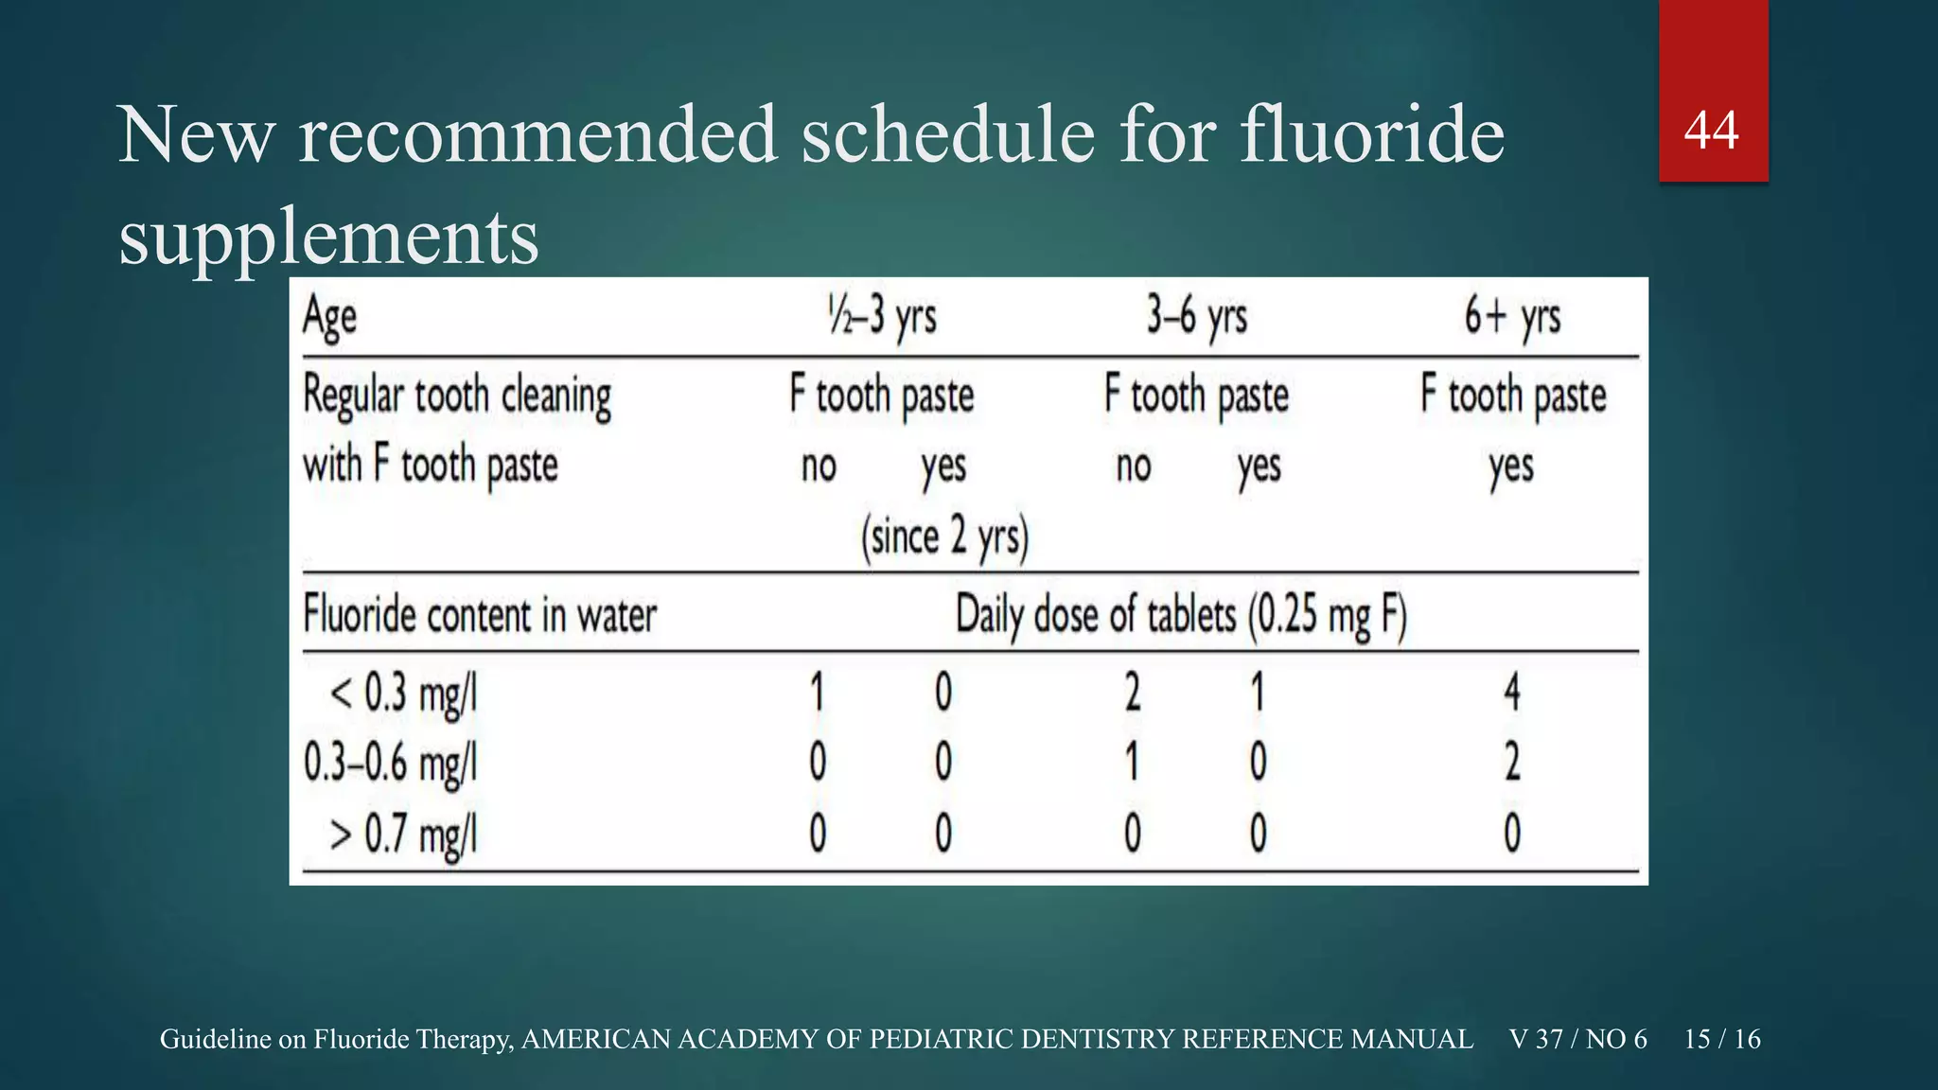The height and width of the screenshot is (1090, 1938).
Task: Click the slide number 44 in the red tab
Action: pyautogui.click(x=1711, y=131)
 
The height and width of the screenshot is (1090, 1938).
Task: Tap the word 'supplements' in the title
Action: pyautogui.click(x=328, y=236)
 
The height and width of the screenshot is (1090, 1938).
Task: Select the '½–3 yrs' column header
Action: pyautogui.click(x=882, y=316)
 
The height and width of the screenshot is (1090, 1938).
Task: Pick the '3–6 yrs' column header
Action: pyautogui.click(x=1197, y=316)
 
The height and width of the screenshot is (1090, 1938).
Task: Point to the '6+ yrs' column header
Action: pyautogui.click(x=1512, y=316)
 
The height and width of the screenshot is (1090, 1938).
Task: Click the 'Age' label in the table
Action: pyautogui.click(x=329, y=317)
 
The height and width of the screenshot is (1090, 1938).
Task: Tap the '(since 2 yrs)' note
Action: pyautogui.click(x=944, y=537)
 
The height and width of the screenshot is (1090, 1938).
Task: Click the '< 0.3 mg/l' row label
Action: pyautogui.click(x=403, y=694)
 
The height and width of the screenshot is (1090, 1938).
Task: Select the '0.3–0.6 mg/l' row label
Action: pyautogui.click(x=390, y=763)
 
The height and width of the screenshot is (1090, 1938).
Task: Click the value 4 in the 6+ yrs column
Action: pyautogui.click(x=1512, y=692)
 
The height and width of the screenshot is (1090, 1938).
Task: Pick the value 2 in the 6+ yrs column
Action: pyautogui.click(x=1512, y=762)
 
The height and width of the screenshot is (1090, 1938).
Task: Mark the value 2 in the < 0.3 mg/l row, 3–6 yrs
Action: pyautogui.click(x=1133, y=692)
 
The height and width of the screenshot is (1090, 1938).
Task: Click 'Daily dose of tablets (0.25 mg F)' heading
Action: pyautogui.click(x=1181, y=616)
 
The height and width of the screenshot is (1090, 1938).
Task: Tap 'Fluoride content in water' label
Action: pyautogui.click(x=480, y=616)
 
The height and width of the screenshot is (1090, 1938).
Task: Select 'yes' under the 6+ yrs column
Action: pyautogui.click(x=1510, y=466)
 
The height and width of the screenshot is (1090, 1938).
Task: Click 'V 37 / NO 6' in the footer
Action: pyautogui.click(x=1578, y=1039)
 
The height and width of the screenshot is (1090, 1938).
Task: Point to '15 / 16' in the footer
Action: pyautogui.click(x=1722, y=1039)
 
